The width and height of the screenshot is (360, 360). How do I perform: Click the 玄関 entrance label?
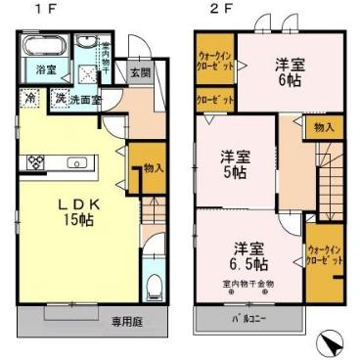pyautogui.click(x=139, y=72)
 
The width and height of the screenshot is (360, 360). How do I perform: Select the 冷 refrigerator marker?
pyautogui.click(x=30, y=99)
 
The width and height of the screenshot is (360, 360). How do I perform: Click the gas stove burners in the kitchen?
pyautogui.click(x=35, y=160)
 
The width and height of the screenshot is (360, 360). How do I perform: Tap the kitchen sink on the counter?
pyautogui.click(x=78, y=161)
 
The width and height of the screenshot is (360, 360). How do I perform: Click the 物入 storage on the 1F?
pyautogui.click(x=152, y=167)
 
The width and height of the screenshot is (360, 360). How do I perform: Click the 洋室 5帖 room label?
pyautogui.click(x=233, y=162)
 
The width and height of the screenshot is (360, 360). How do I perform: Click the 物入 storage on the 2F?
pyautogui.click(x=324, y=127)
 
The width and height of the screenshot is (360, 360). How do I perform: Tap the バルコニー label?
pyautogui.click(x=248, y=319)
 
